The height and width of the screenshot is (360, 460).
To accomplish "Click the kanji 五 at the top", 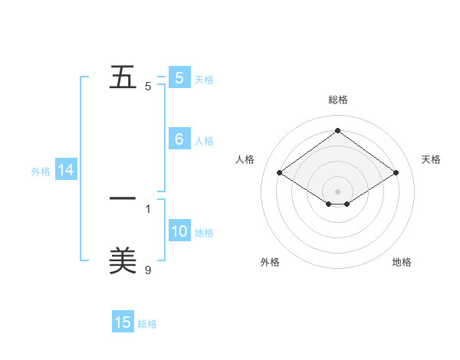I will [123, 78].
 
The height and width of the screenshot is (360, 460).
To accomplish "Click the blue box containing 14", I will [66, 171].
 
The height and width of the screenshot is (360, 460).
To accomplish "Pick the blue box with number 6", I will [179, 139].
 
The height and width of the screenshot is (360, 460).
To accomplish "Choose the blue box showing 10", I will [179, 231].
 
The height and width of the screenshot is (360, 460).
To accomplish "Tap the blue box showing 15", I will [123, 322].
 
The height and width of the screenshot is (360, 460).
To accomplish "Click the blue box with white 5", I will [179, 78].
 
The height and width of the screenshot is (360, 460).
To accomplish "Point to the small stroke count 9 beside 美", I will [148, 270].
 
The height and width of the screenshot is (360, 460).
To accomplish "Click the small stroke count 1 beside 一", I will [148, 208].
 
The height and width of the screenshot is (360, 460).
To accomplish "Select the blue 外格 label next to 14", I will [41, 172].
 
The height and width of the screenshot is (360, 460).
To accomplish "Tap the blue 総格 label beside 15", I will [147, 324].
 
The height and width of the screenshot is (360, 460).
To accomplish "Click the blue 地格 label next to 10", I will [204, 233].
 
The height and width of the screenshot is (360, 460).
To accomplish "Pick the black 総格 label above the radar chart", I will [338, 100].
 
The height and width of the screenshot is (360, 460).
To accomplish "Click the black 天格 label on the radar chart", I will [431, 159].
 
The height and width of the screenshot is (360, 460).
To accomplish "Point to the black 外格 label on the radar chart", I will [270, 262].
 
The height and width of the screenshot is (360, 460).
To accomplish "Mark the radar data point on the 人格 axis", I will [280, 173].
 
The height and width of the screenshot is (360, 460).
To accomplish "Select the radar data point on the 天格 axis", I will [396, 173].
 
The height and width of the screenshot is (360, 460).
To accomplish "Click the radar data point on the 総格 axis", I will [338, 131].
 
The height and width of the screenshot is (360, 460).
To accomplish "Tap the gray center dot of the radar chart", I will [338, 191].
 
